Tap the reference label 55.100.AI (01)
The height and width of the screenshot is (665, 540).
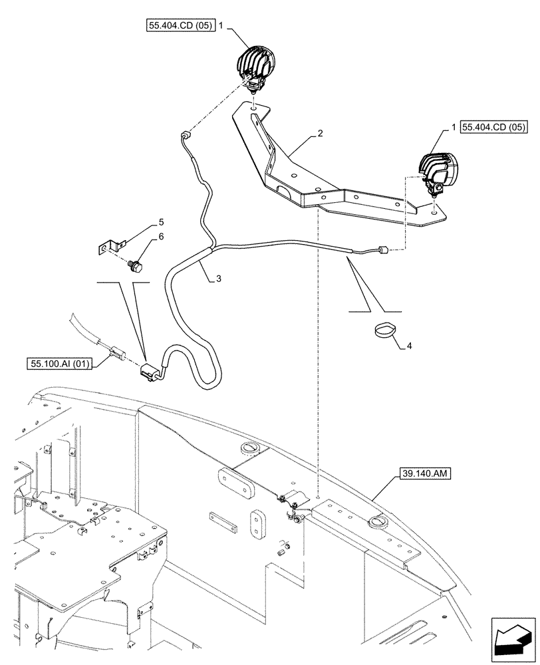(61, 363)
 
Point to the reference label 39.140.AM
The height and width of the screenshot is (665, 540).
(426, 473)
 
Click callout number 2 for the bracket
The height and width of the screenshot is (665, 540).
(320, 134)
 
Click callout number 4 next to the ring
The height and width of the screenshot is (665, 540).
(409, 346)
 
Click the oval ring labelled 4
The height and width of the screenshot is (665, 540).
(382, 329)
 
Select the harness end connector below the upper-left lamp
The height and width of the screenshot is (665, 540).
(184, 137)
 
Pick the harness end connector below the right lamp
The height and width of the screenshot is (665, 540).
(380, 251)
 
